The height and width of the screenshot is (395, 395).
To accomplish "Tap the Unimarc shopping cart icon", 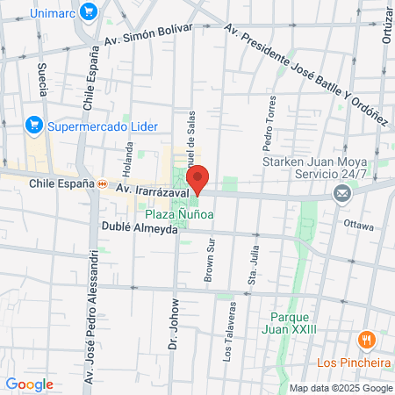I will click(x=87, y=12).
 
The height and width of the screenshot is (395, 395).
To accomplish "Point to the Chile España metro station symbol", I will click(x=103, y=184).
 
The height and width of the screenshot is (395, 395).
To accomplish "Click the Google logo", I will click(x=29, y=384).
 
